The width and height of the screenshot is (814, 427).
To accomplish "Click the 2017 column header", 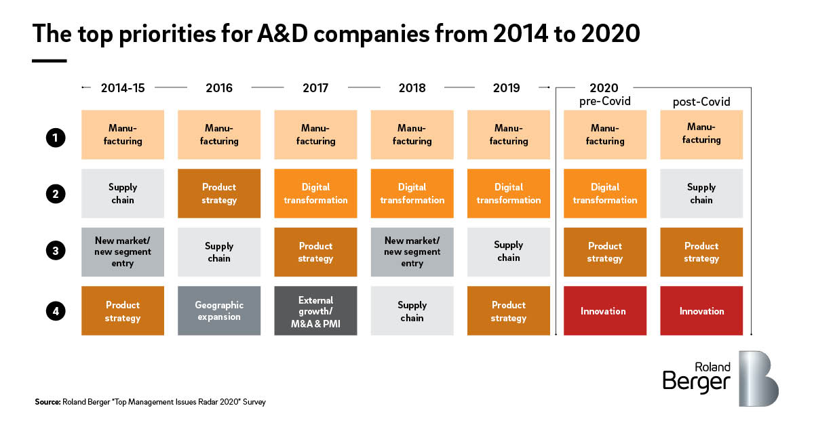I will pyautogui.click(x=315, y=88).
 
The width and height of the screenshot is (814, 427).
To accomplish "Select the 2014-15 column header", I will pyautogui.click(x=123, y=88).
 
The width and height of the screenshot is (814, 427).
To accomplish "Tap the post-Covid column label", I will pyautogui.click(x=701, y=102).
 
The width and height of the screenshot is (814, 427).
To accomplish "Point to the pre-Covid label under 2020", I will pyautogui.click(x=604, y=102).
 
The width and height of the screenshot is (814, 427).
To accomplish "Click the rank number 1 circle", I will pyautogui.click(x=56, y=138).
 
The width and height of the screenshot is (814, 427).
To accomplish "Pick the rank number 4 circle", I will pyautogui.click(x=56, y=312).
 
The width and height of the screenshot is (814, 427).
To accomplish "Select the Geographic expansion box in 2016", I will pyautogui.click(x=219, y=310).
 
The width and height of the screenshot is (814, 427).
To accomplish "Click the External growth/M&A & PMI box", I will pyautogui.click(x=315, y=310).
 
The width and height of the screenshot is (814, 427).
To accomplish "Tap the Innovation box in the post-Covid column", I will pyautogui.click(x=701, y=310).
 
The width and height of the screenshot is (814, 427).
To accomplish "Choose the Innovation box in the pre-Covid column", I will pyautogui.click(x=604, y=310).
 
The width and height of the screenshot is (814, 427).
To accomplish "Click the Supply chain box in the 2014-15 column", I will pyautogui.click(x=123, y=193).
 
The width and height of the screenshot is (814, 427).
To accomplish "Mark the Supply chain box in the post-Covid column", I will pyautogui.click(x=701, y=193).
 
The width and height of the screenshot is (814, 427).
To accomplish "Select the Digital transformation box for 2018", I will pyautogui.click(x=412, y=193).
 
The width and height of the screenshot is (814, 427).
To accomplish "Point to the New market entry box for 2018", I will pyautogui.click(x=412, y=251).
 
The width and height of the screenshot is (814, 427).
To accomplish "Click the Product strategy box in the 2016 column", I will pyautogui.click(x=219, y=193).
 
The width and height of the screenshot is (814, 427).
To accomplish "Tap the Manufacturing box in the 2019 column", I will pyautogui.click(x=509, y=135).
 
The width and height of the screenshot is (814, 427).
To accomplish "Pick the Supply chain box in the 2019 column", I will pyautogui.click(x=509, y=251).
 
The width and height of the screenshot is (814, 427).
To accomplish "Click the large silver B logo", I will pyautogui.click(x=758, y=378).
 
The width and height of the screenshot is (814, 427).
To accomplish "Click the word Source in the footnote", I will pyautogui.click(x=47, y=402).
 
